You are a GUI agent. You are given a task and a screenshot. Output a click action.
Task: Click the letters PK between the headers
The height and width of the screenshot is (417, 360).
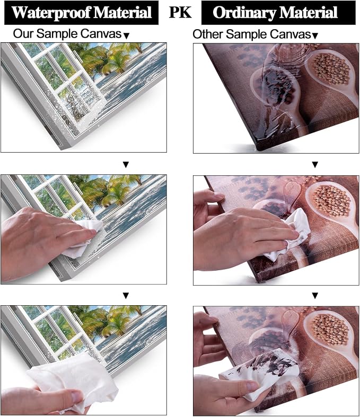[180, 12]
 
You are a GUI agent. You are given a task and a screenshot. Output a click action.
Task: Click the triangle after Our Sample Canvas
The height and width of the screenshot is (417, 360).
[127, 36]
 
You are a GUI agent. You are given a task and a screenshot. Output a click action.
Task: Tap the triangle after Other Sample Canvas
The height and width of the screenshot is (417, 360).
[315, 36]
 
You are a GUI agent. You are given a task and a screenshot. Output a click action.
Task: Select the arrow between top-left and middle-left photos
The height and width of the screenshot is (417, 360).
[126, 165]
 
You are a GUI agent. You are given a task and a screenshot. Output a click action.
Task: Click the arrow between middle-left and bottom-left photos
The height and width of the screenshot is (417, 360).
[126, 296]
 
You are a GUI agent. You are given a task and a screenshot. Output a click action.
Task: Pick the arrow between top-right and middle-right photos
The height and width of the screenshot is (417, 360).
[315, 165]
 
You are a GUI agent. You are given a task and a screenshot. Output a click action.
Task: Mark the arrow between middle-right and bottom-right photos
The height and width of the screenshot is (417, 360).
[315, 296]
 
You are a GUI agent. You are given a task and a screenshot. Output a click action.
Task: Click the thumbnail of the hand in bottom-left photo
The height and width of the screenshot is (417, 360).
[78, 398]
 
